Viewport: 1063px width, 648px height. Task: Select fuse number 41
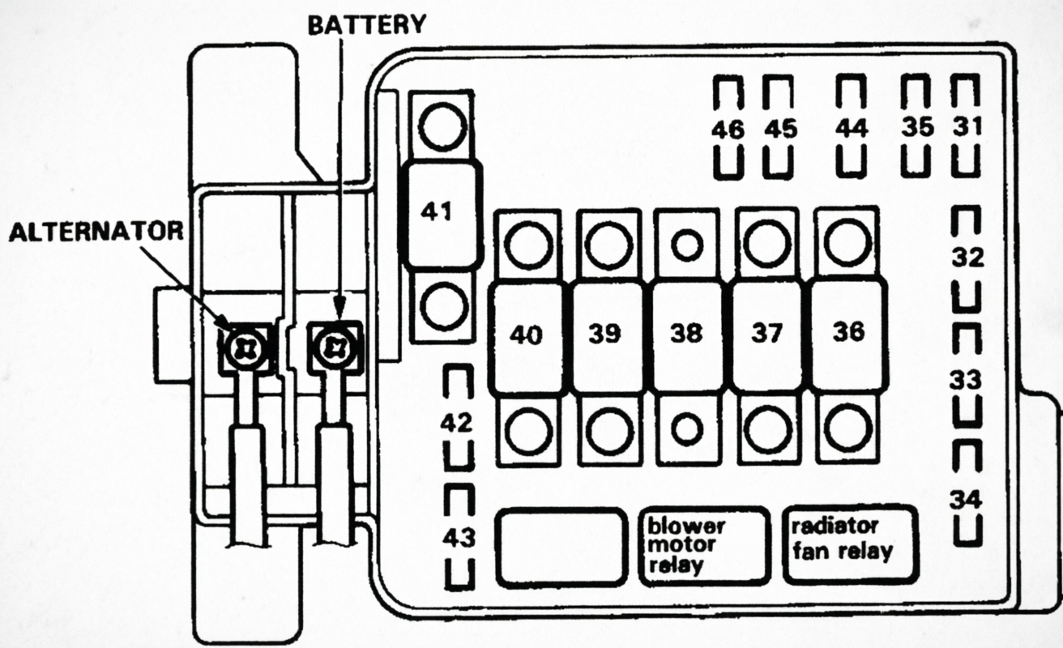443,212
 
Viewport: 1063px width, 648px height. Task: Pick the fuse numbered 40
527,335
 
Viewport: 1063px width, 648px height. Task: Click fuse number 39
606,335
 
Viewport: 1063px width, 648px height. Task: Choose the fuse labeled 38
686,335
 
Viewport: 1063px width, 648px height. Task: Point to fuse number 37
766,335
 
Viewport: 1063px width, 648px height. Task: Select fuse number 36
847,333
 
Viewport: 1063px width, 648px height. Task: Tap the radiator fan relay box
850,544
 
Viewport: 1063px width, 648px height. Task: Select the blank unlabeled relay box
561,546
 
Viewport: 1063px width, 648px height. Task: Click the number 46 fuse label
729,129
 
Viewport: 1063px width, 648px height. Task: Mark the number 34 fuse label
967,500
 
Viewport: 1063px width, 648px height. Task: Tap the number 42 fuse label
459,422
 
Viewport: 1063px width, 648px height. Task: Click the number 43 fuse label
459,537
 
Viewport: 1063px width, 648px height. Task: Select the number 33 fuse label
967,379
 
